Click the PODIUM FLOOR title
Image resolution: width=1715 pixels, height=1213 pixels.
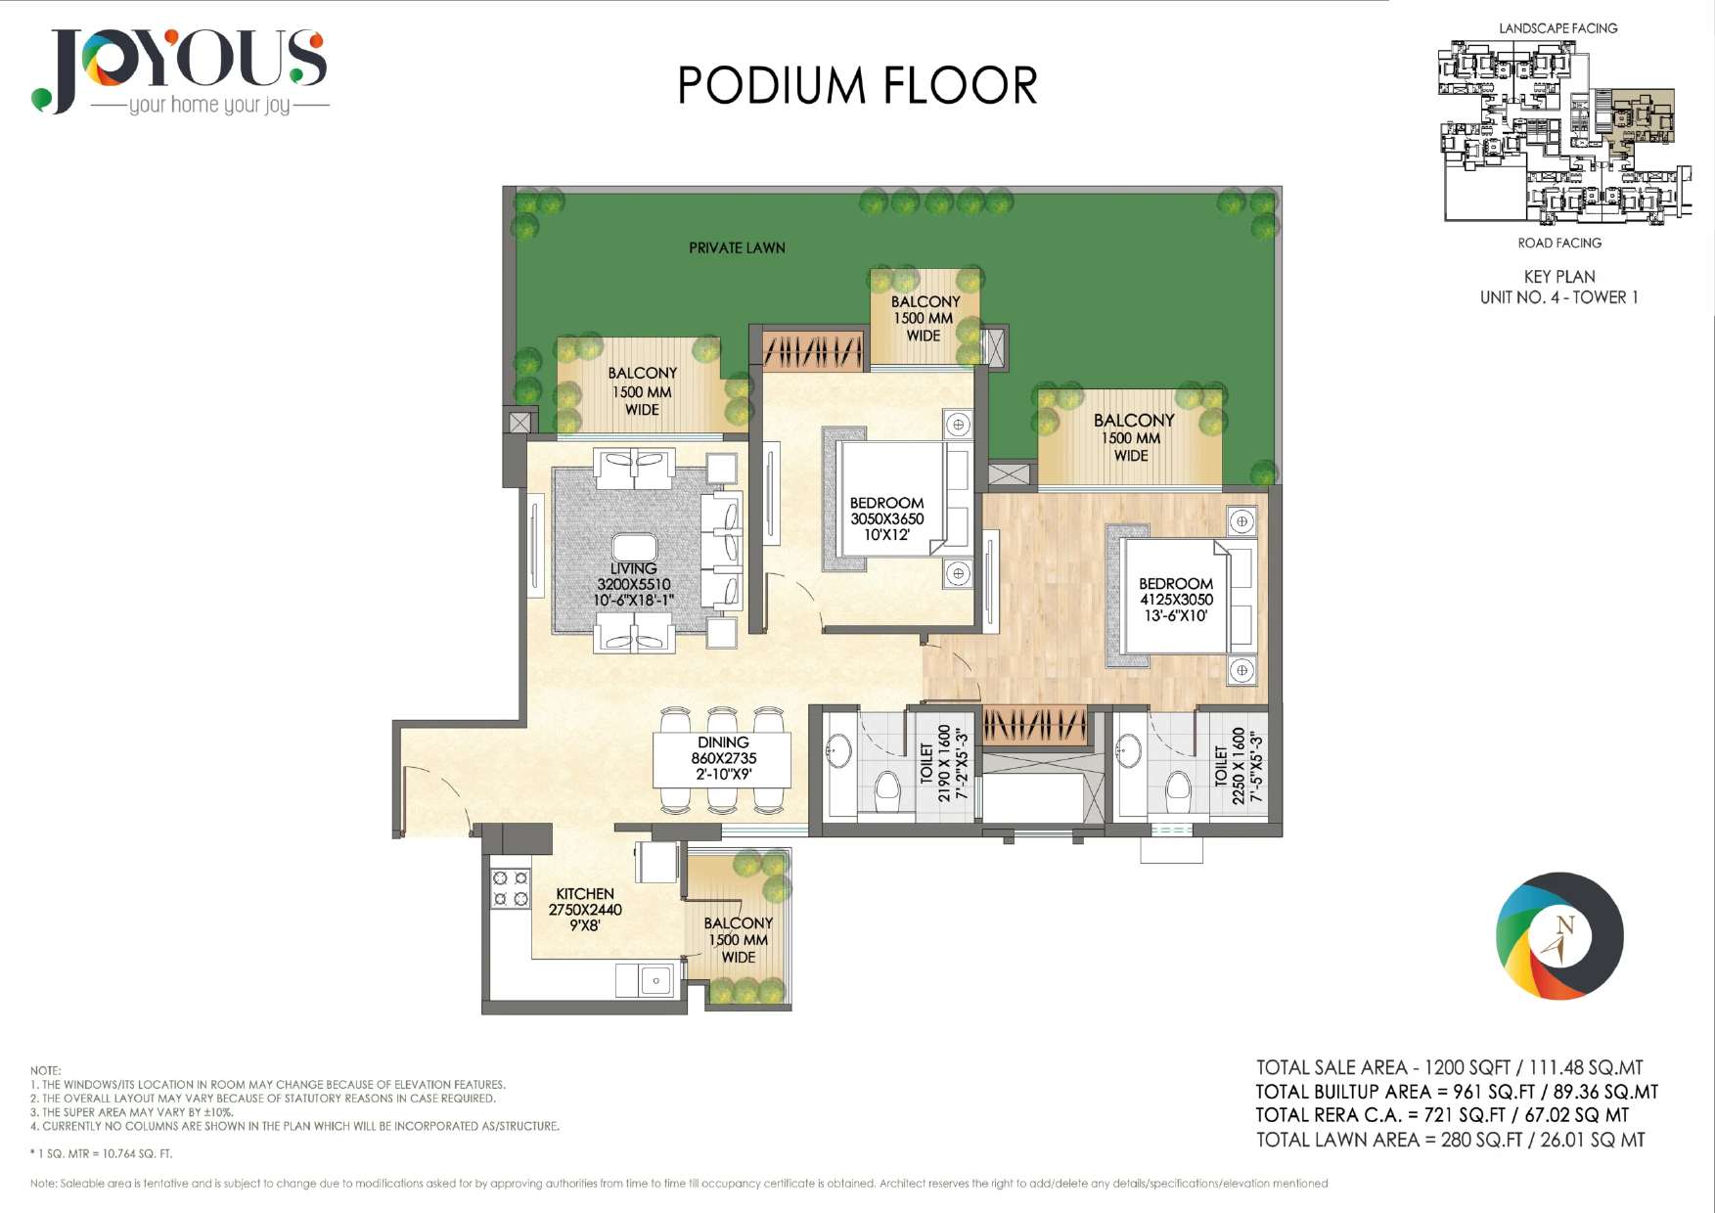[857, 85]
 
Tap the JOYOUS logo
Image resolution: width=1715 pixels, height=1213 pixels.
[180, 71]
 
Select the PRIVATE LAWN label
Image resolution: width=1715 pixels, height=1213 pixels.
[737, 248]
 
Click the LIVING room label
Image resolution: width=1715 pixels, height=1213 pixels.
[633, 568]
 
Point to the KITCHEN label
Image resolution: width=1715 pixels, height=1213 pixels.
[585, 894]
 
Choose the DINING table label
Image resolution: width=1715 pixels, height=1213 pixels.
[723, 742]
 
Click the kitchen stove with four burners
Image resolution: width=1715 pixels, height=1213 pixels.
[511, 888]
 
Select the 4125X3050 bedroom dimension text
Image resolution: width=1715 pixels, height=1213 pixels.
[1176, 600]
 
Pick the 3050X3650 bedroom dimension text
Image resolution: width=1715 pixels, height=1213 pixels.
[886, 519]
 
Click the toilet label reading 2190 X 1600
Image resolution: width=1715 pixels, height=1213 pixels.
[944, 763]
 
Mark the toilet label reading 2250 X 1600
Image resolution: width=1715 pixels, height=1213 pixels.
[1238, 766]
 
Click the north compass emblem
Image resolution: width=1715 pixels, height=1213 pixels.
[1559, 936]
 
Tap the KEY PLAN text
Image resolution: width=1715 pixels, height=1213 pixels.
[1559, 277]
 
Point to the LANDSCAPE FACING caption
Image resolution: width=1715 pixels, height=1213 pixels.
[1558, 28]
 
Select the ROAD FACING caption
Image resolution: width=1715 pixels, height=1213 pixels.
[1559, 243]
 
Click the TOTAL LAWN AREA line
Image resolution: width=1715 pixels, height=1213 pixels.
[1451, 1140]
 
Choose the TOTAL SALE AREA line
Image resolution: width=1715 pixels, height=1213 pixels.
[1450, 1068]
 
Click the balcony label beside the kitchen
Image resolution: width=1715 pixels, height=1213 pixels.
[739, 940]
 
